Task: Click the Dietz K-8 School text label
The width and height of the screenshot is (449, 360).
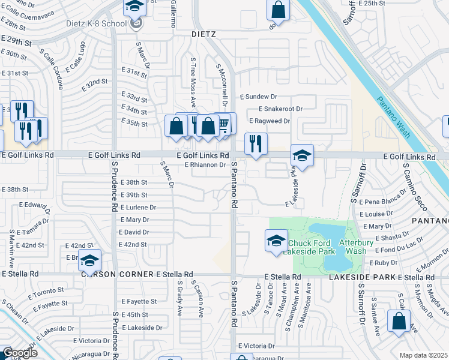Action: (x=96, y=24)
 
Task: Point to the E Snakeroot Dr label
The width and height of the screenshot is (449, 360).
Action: (x=280, y=109)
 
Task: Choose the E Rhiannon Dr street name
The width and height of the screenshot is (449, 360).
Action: (x=205, y=165)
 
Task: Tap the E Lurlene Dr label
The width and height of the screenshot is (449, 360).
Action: (x=137, y=207)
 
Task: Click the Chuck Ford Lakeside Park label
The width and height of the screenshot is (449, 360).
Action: (x=310, y=247)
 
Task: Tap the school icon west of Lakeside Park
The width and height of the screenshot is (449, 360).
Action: (x=276, y=241)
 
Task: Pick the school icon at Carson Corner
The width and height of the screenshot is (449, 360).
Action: (x=90, y=260)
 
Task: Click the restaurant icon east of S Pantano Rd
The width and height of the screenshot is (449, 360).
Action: (x=256, y=143)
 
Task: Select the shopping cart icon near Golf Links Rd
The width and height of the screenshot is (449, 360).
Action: (x=223, y=124)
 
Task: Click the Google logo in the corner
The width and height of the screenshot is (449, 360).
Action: (x=19, y=353)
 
